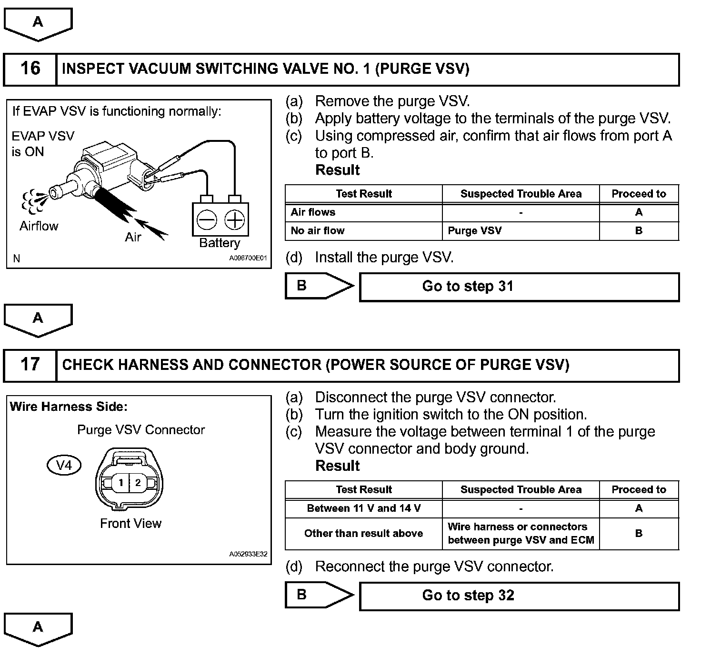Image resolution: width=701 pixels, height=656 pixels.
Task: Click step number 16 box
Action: click(30, 69)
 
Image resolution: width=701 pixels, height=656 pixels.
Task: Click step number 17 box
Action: click(30, 365)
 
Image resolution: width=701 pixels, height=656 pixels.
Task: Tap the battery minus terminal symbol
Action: click(207, 220)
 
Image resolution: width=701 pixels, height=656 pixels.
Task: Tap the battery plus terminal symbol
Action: click(234, 220)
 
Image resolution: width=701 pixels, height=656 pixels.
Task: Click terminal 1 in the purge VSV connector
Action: click(121, 483)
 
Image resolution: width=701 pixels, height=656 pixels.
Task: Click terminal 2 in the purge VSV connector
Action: click(138, 483)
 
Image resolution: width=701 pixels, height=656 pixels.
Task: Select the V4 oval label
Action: click(64, 465)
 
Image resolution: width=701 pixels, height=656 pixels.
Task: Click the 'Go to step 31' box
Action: click(519, 287)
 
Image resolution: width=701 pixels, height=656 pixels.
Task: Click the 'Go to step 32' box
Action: click(519, 596)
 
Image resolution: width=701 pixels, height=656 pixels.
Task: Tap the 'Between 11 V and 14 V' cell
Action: click(363, 508)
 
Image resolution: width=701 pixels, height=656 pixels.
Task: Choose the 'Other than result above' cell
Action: click(363, 534)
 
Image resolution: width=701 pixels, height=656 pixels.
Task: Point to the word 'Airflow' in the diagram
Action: click(39, 226)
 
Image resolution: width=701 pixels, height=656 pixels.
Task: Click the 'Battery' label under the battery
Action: click(220, 243)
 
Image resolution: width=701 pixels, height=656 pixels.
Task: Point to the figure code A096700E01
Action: click(248, 258)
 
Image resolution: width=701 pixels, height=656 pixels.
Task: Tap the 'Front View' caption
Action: click(130, 524)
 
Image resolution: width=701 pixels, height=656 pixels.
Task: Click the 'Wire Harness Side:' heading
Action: click(69, 407)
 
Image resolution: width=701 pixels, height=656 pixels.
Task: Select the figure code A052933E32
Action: click(248, 555)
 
